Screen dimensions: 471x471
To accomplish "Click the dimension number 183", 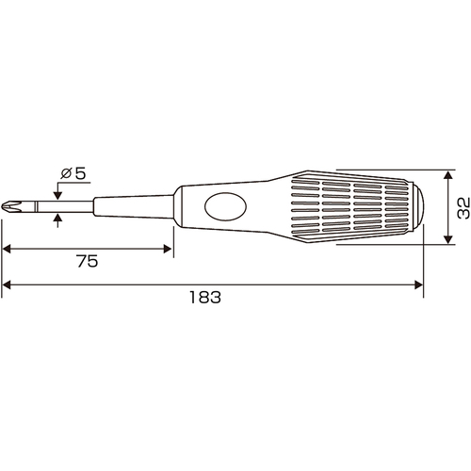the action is click(205, 297).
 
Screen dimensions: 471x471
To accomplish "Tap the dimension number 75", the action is click(88, 261).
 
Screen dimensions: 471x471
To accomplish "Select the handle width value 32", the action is click(463, 207).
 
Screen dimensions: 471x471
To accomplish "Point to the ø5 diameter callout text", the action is click(73, 173).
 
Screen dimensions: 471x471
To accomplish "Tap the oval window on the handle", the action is click(225, 206).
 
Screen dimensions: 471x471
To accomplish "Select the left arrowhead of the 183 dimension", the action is click(7, 284).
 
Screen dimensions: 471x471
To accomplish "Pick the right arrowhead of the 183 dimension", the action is click(419, 284).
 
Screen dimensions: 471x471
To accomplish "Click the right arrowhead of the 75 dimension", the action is click(168, 249).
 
